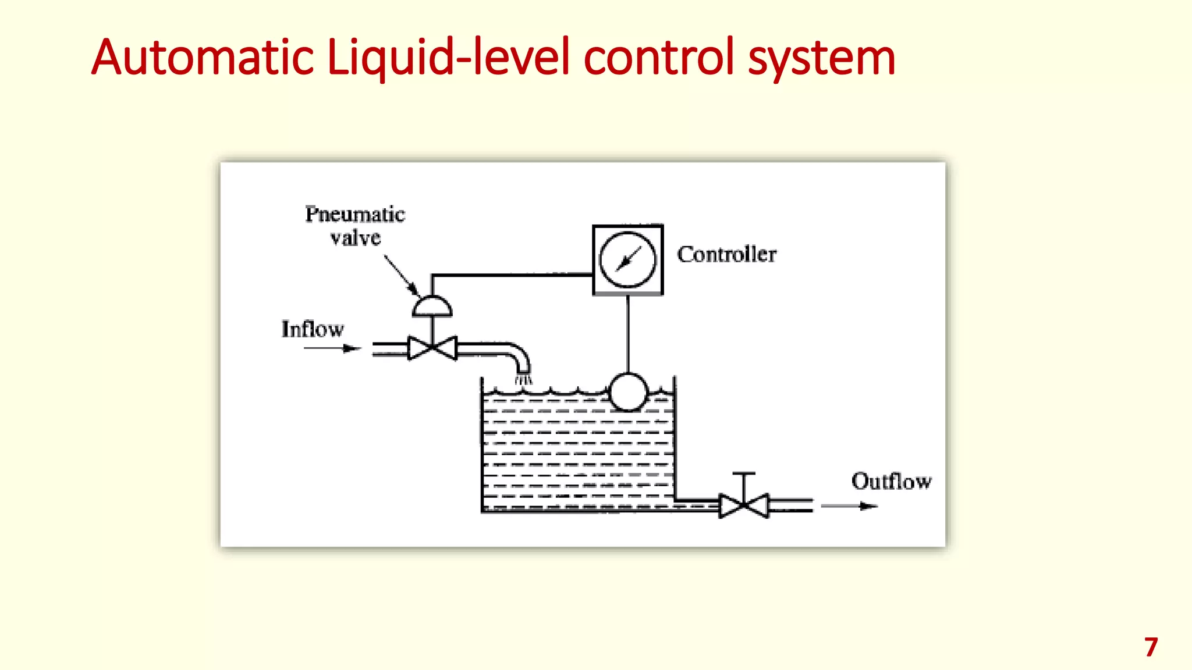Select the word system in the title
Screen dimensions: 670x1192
pyautogui.click(x=821, y=58)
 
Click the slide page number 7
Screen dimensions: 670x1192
pyautogui.click(x=1151, y=647)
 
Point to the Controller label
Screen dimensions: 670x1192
pyautogui.click(x=726, y=255)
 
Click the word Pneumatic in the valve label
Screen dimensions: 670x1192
pyautogui.click(x=355, y=215)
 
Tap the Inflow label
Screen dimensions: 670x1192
pyautogui.click(x=313, y=329)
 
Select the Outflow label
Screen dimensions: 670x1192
pyautogui.click(x=891, y=482)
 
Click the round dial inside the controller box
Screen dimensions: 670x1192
pyautogui.click(x=627, y=259)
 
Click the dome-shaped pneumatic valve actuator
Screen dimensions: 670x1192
pyautogui.click(x=432, y=307)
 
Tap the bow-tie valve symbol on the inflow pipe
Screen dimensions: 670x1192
pyautogui.click(x=432, y=348)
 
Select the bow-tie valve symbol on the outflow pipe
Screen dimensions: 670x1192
pyautogui.click(x=744, y=505)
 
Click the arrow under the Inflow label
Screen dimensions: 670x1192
pyautogui.click(x=332, y=348)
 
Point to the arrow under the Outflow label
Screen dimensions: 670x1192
pyautogui.click(x=849, y=506)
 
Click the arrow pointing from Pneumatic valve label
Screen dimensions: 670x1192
pyautogui.click(x=401, y=276)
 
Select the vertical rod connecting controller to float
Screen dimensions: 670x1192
pyautogui.click(x=627, y=334)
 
